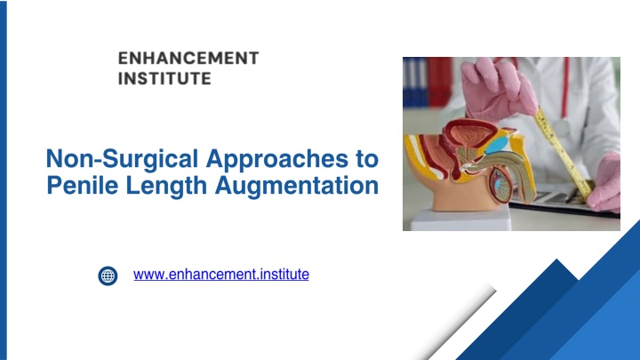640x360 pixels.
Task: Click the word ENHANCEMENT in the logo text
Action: point(188,59)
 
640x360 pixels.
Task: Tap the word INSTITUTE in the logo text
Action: point(164,78)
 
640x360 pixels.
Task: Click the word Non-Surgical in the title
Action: point(122,159)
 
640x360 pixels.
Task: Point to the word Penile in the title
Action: point(83,186)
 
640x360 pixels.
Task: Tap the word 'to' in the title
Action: point(367,159)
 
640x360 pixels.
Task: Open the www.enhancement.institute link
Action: point(220,275)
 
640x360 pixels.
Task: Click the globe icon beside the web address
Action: point(108,276)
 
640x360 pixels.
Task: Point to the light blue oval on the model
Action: point(496,145)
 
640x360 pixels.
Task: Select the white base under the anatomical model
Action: point(461,219)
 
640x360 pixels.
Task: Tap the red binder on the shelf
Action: point(439,82)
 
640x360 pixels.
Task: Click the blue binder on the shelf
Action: point(414,82)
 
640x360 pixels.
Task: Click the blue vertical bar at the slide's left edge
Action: point(4,180)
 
